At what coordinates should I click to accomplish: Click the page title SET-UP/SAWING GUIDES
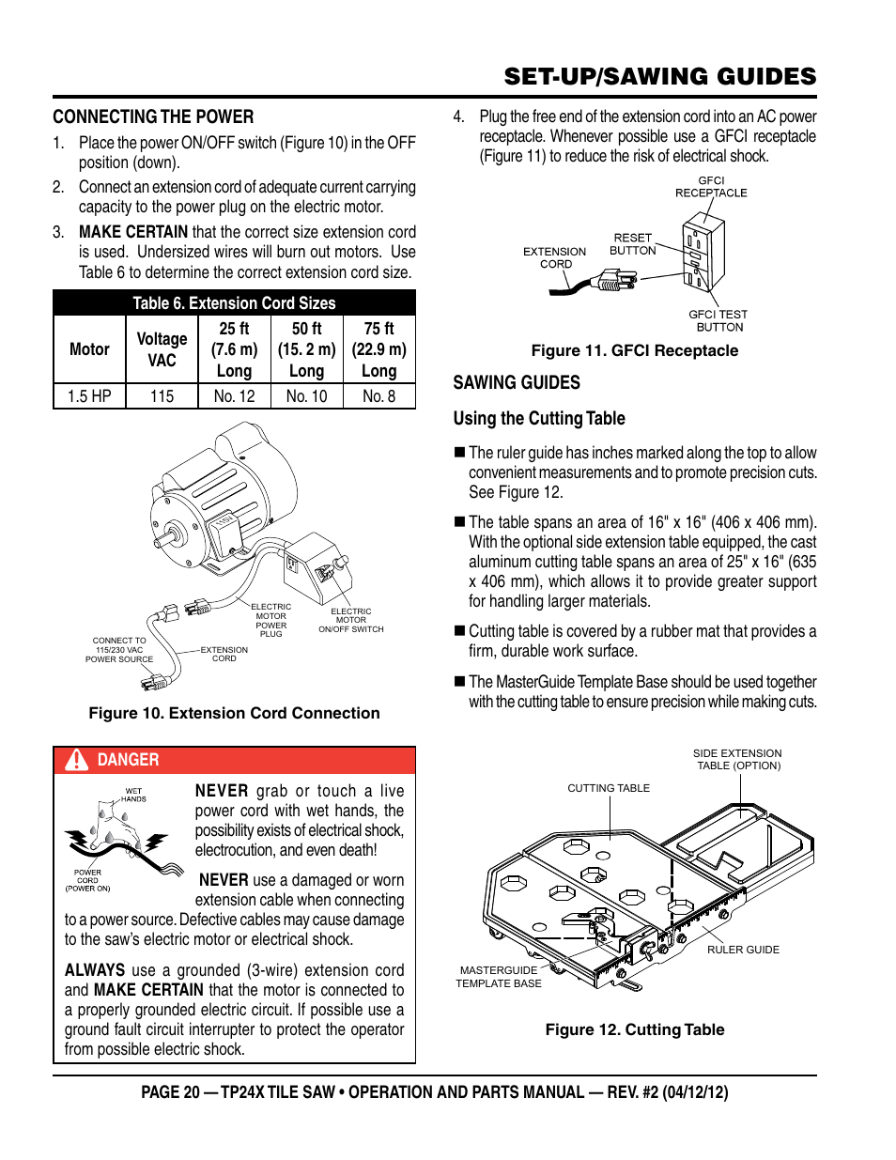[659, 76]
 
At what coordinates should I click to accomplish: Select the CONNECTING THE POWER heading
[153, 116]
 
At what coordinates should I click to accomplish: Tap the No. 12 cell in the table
[234, 396]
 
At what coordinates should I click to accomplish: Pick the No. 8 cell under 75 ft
[378, 396]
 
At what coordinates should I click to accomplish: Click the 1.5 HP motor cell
[89, 396]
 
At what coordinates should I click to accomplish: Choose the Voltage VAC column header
[162, 349]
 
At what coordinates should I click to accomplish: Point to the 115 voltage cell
[162, 396]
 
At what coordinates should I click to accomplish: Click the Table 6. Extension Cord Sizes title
[234, 303]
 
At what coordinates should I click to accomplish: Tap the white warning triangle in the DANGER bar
[76, 760]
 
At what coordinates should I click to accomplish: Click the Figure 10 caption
[234, 713]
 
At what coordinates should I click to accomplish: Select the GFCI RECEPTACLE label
[711, 187]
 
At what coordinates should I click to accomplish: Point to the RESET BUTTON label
[632, 244]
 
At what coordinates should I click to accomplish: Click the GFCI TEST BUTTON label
[718, 321]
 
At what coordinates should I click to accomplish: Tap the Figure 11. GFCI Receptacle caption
[634, 350]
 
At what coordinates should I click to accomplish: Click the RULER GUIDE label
[743, 950]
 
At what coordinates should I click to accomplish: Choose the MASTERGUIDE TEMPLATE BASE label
[499, 977]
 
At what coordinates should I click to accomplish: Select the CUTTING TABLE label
[609, 788]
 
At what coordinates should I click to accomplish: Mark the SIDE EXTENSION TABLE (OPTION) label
[737, 759]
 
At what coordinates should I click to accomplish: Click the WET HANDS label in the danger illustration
[133, 795]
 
